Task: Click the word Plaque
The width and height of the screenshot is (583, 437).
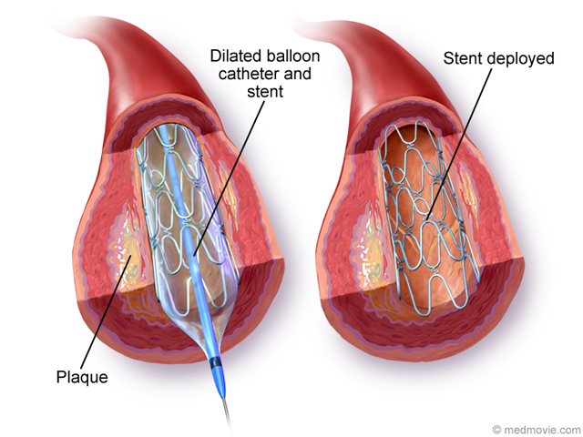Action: [x=82, y=375]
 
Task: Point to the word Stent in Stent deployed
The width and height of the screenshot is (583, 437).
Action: [x=465, y=60]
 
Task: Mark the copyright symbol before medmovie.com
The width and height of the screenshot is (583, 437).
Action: [x=497, y=427]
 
